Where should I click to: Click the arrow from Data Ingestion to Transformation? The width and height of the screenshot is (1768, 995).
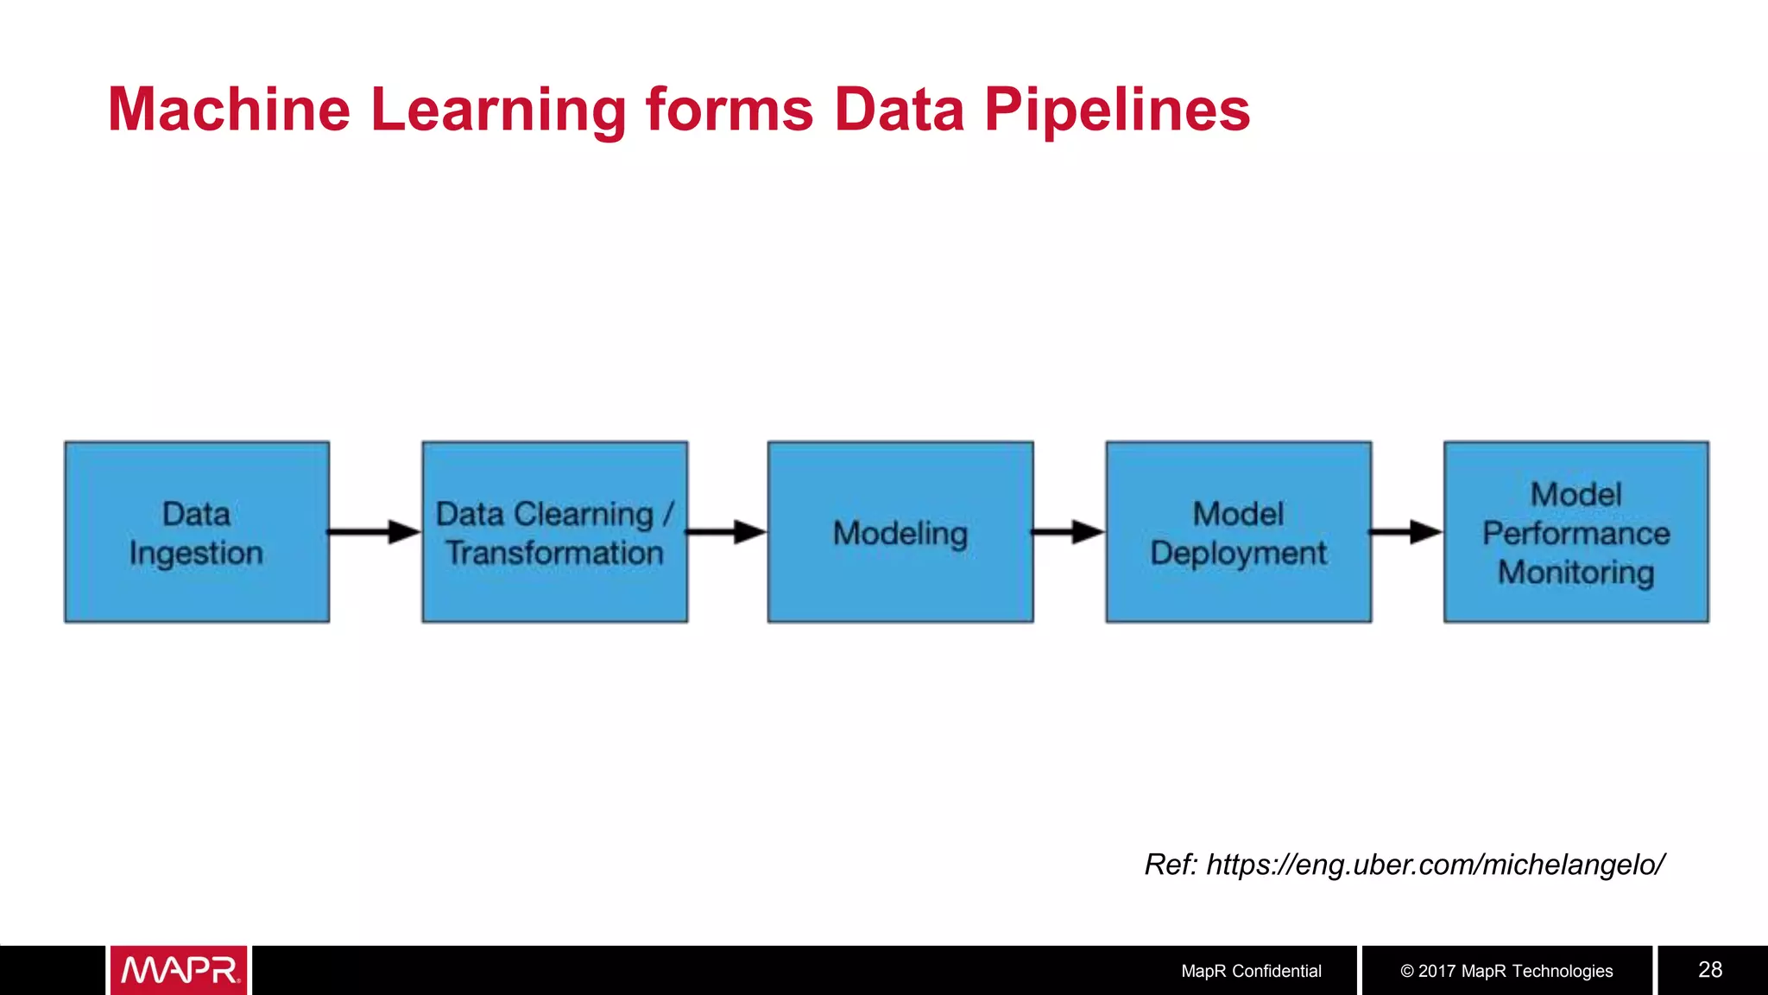click(x=374, y=532)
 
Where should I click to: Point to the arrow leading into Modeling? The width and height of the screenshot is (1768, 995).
click(x=726, y=532)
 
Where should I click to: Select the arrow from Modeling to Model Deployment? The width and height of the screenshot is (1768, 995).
click(x=1068, y=532)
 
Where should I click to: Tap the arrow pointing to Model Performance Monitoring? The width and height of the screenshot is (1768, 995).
click(x=1406, y=532)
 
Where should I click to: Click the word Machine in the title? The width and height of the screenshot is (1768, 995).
click(x=229, y=110)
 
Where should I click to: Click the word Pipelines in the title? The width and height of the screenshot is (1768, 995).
click(x=1117, y=110)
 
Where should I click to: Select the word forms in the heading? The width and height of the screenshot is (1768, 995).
click(x=729, y=110)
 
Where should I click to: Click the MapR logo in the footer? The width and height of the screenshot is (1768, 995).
click(x=180, y=971)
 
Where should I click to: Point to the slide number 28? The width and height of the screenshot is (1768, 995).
click(x=1710, y=970)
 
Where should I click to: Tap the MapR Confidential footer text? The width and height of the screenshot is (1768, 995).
click(x=1251, y=971)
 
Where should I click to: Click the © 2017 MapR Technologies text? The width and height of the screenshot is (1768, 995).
click(x=1506, y=971)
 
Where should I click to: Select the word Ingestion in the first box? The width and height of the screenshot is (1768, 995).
click(x=197, y=554)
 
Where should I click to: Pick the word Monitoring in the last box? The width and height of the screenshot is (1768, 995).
click(x=1575, y=573)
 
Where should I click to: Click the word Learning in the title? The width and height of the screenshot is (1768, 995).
click(x=498, y=110)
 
